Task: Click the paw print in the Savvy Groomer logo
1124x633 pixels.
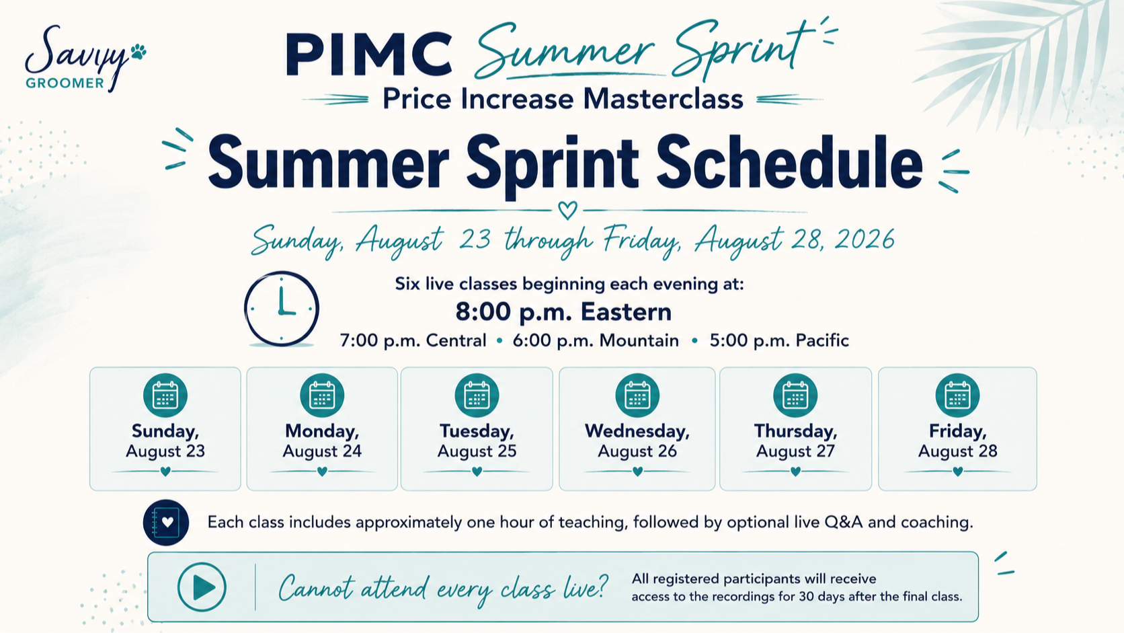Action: coord(138,52)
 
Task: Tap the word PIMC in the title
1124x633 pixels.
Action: coord(369,54)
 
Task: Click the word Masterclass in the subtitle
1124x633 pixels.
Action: coord(663,99)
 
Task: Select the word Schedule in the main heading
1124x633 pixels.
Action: coord(789,162)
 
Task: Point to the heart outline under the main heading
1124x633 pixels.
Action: coord(567,211)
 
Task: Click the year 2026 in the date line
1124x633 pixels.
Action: coord(864,239)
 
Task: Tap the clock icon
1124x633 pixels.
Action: coord(282,309)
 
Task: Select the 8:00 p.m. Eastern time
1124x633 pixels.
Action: coord(563,311)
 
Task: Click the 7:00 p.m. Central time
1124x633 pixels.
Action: coord(413,341)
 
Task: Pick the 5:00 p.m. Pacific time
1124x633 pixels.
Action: coord(779,341)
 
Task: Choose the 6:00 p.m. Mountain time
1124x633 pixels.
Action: coord(596,341)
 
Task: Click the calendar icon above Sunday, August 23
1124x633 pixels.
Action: coord(165,396)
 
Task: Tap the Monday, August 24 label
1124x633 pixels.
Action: coord(322,441)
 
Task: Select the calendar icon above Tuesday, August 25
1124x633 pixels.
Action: coord(477,396)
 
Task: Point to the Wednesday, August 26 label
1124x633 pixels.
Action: coord(637,441)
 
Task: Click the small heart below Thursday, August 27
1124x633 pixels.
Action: coord(795,472)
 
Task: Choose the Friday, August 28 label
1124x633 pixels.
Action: coord(957,441)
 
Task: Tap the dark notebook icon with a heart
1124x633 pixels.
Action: coord(165,523)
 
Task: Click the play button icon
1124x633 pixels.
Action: coord(202,587)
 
